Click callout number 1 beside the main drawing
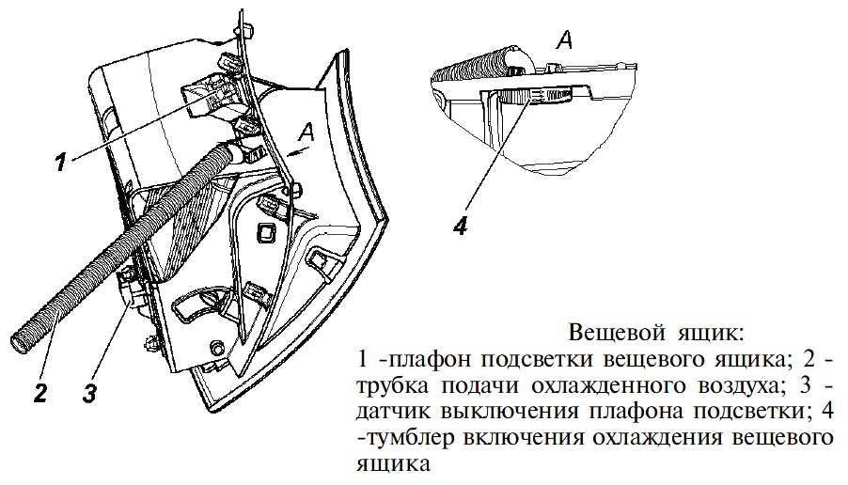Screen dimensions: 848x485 pyautogui.click(x=61, y=161)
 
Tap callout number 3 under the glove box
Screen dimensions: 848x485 pyautogui.click(x=88, y=392)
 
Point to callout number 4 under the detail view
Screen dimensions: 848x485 pyautogui.click(x=461, y=225)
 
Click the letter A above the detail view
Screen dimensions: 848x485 pyautogui.click(x=565, y=39)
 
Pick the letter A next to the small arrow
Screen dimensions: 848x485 pyautogui.click(x=306, y=133)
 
